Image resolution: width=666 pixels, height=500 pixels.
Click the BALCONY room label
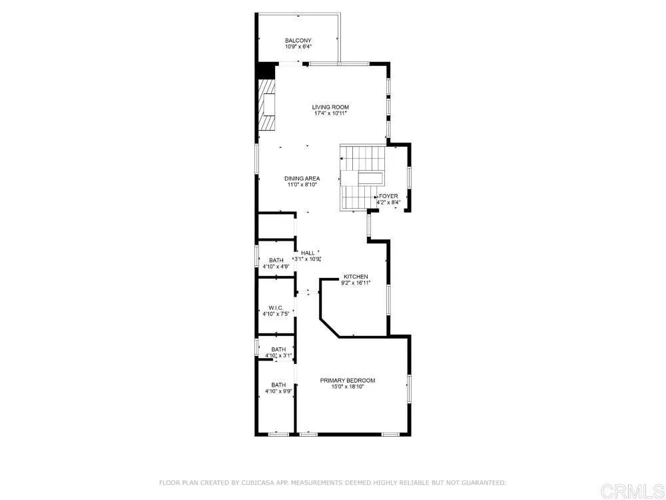pos(298,41)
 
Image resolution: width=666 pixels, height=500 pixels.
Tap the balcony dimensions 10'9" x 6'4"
pos(298,47)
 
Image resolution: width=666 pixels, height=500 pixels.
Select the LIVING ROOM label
pos(330,107)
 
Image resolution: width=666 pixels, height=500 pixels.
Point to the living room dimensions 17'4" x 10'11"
pos(330,114)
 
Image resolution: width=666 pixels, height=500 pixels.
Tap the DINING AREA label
pos(302,178)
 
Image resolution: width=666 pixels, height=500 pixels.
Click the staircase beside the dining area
pos(363,178)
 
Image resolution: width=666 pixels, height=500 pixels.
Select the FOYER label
pos(388,196)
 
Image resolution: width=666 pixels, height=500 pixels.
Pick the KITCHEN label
pos(356,276)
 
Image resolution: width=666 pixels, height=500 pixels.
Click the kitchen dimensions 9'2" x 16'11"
pos(356,283)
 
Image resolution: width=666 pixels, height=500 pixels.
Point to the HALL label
pos(308,253)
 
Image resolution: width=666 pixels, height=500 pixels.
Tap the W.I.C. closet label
pos(276,307)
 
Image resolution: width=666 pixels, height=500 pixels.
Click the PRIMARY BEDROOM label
pos(347,381)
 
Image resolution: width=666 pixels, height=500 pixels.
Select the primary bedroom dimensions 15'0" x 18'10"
pos(347,387)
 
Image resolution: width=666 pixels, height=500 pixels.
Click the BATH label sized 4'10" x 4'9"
pos(276,260)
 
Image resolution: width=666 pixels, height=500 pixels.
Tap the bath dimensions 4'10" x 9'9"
pos(278,392)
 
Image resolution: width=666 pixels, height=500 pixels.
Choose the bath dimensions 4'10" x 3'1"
pos(278,355)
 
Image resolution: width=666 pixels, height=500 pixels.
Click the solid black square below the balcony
pos(266,71)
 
